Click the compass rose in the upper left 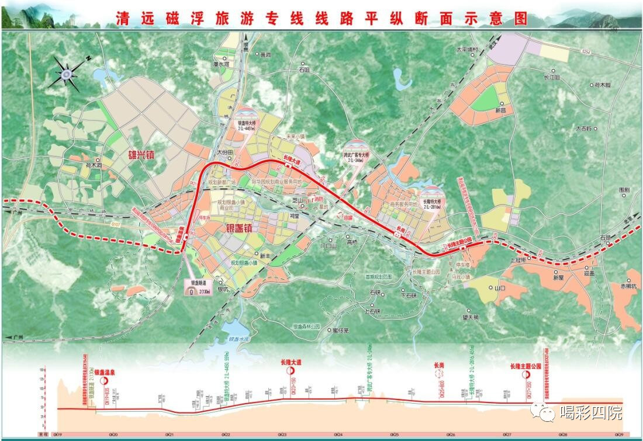[66, 74]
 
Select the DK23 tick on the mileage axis [282, 435]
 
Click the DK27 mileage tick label [507, 435]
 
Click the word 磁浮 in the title [185, 18]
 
